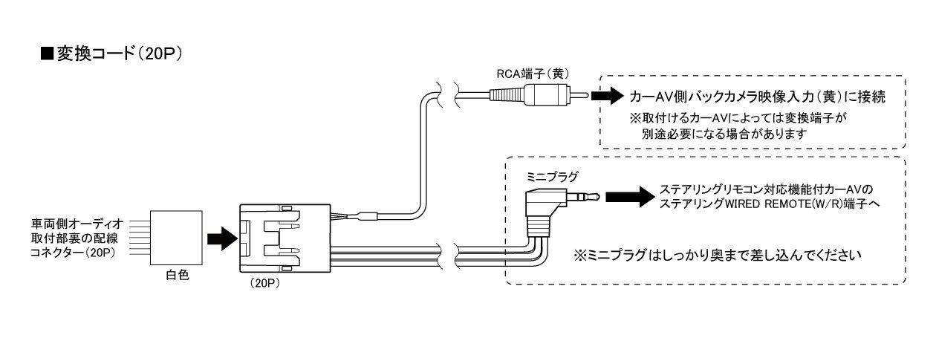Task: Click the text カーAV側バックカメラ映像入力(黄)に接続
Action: [x=758, y=97]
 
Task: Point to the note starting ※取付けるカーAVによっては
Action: [x=738, y=117]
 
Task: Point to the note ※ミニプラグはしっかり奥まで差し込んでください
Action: [x=717, y=255]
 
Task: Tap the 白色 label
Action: [x=177, y=274]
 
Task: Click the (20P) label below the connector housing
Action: [x=264, y=284]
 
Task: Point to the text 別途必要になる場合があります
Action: [x=724, y=134]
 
